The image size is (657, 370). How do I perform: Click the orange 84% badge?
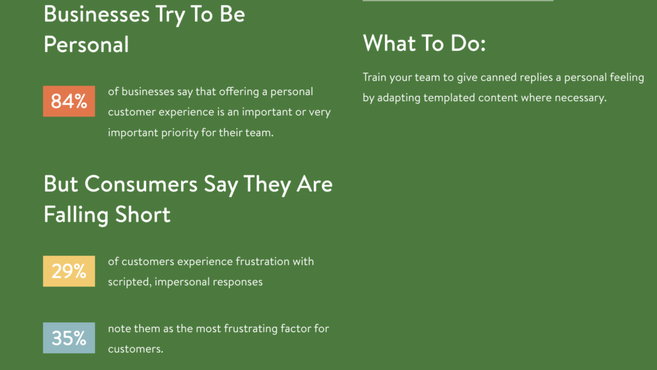click(69, 101)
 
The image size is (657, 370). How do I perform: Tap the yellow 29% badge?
click(69, 271)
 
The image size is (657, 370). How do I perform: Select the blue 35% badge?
click(69, 338)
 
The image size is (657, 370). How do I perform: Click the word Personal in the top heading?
click(86, 44)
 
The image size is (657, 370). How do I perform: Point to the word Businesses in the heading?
click(97, 14)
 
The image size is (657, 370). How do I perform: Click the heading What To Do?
click(424, 43)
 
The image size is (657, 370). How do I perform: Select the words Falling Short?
click(107, 215)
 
